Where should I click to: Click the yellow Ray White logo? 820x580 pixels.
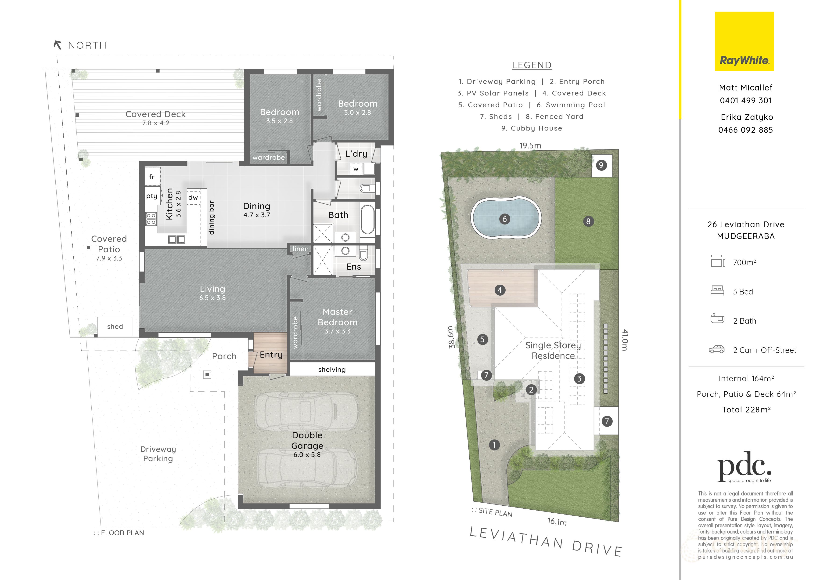click(744, 41)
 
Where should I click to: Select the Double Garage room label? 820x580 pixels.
click(307, 440)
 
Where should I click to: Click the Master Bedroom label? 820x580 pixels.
click(338, 317)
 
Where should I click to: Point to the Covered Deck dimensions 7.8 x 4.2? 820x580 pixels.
click(156, 123)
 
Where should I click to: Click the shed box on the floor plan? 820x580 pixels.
click(115, 326)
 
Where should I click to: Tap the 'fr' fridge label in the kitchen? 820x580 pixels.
click(152, 177)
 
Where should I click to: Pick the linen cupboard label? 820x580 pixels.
click(301, 249)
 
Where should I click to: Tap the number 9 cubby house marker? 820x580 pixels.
click(601, 165)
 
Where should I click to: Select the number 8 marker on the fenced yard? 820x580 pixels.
click(588, 221)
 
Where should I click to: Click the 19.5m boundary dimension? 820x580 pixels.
click(530, 145)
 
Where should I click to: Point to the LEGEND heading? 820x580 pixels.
click(532, 65)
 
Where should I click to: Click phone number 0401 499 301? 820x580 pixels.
click(746, 100)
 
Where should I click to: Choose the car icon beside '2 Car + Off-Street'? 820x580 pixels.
click(716, 349)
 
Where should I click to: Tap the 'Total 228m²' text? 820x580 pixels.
click(746, 410)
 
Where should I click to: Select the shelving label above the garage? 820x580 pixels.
click(332, 370)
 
